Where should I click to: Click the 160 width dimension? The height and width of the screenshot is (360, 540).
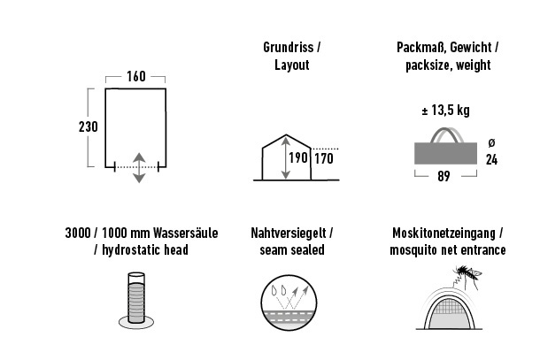pos(136,76)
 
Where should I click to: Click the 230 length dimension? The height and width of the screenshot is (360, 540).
pos(89,126)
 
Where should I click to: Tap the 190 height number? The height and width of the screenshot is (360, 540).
pos(298,158)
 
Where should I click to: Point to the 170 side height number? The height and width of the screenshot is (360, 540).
pos(324,158)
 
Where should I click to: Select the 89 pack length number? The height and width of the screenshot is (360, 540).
pos(444,176)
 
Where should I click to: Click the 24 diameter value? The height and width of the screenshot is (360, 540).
pos(492,160)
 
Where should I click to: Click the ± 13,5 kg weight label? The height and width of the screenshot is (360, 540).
pos(445,111)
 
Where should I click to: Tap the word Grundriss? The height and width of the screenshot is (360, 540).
pos(289,47)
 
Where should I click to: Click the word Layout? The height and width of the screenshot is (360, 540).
pos(292,65)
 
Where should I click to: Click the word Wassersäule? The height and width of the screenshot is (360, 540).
pos(186,233)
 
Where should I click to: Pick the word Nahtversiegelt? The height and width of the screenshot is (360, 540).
pos(289,233)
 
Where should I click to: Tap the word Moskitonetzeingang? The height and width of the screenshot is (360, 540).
pos(444,233)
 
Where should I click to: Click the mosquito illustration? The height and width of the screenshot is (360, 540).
pos(467,276)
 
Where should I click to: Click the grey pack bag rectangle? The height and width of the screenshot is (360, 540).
pos(445,153)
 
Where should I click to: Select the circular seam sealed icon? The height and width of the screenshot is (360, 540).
pos(289,303)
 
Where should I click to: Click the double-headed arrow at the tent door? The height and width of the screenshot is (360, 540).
pos(139,167)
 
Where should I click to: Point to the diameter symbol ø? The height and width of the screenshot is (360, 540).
pos(492,142)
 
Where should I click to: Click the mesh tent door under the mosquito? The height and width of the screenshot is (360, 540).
pos(450,313)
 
